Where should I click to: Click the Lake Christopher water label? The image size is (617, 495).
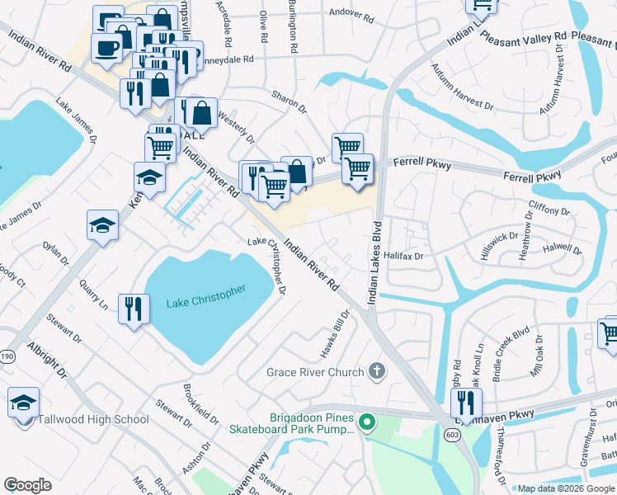coord(206,297)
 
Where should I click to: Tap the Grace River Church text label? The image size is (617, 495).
coord(314,372)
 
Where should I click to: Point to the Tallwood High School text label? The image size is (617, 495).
coord(93,419)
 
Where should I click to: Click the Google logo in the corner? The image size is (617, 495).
coord(28,484)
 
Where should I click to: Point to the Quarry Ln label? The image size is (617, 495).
coord(94,293)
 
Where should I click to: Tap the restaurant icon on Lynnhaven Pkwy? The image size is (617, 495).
coord(467,403)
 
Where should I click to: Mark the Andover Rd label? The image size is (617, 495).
coord(351,12)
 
